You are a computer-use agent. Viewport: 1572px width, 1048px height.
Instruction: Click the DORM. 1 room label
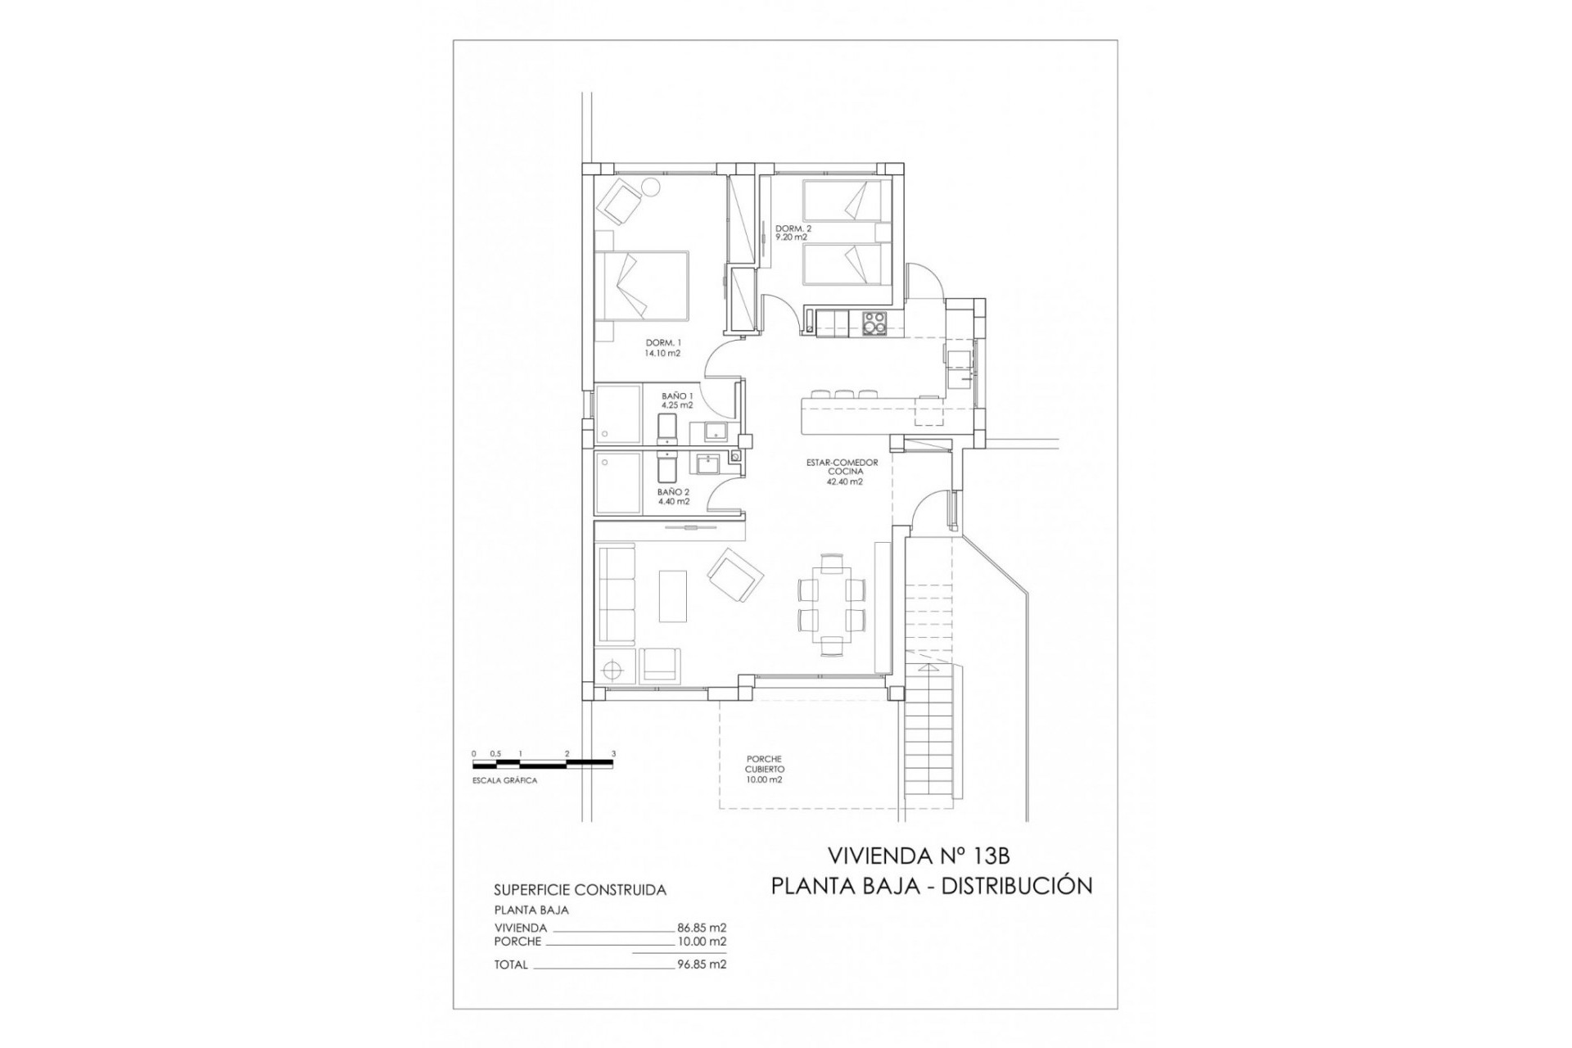pos(663,348)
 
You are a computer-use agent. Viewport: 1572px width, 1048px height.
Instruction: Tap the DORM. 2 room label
pos(793,233)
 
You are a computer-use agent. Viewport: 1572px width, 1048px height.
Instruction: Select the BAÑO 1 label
pos(678,400)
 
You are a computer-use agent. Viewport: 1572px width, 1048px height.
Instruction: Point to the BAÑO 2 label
pos(673,497)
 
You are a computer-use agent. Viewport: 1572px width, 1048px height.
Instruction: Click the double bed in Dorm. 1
pos(642,285)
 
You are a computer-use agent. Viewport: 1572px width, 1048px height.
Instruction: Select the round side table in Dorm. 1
pos(651,188)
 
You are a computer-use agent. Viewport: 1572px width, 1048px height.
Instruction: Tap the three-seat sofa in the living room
pos(617,594)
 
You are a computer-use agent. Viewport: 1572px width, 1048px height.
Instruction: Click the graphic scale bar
pos(543,764)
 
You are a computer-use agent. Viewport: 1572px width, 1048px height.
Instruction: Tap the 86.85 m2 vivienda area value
pos(702,928)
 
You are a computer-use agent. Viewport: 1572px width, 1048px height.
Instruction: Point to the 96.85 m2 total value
pos(702,964)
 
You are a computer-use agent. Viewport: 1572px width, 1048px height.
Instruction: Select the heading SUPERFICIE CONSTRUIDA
pos(580,890)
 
